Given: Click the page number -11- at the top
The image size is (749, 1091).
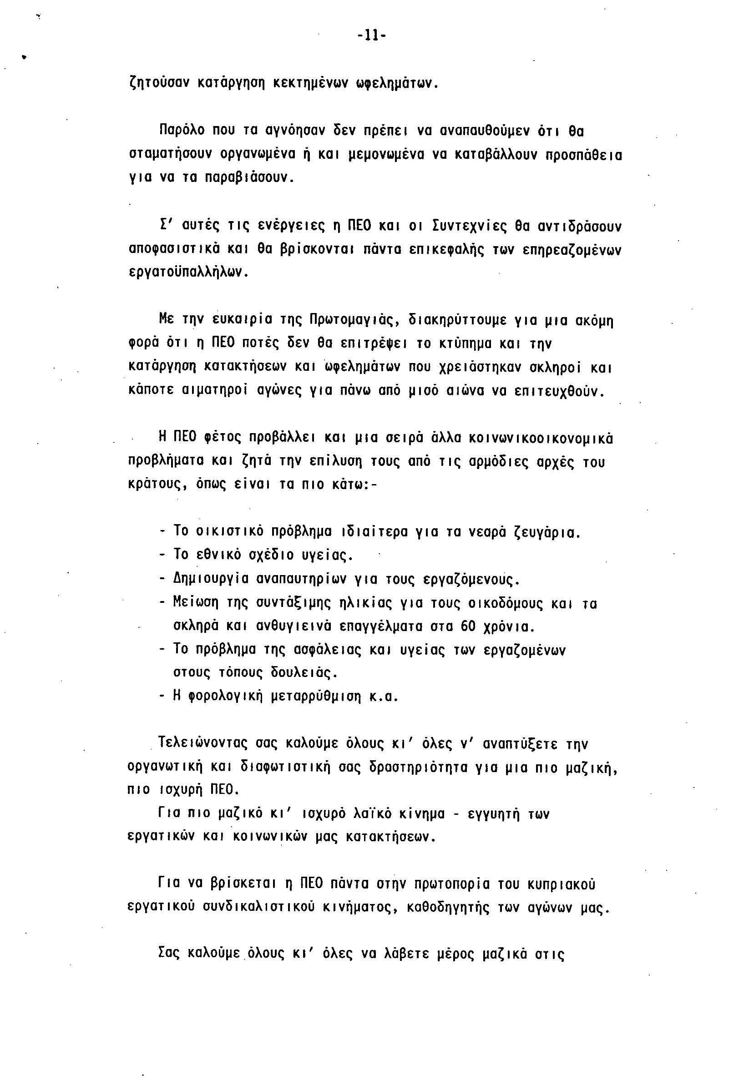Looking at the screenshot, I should pyautogui.click(x=371, y=35).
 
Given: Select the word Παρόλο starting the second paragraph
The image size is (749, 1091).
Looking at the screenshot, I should pyautogui.click(x=182, y=130).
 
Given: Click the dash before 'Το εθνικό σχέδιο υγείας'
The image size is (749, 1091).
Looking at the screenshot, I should pyautogui.click(x=162, y=556).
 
